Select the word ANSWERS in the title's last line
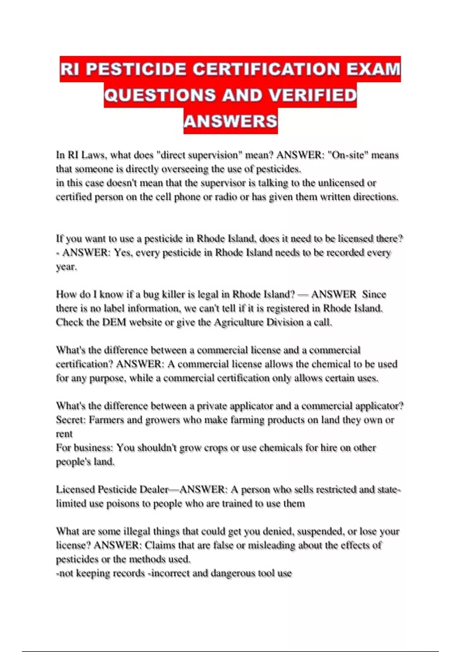point(230,121)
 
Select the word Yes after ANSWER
point(122,253)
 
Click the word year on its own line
point(66,267)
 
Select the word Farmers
point(106,420)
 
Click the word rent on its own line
point(64,434)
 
